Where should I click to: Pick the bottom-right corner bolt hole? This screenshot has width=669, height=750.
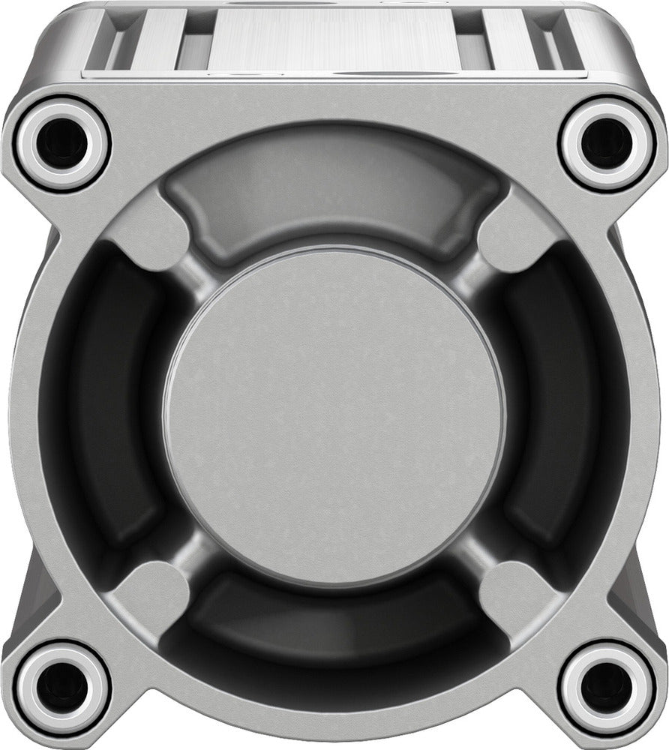606,686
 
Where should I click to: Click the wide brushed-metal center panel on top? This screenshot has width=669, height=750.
333,37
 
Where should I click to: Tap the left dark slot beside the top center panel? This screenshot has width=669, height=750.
191,41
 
